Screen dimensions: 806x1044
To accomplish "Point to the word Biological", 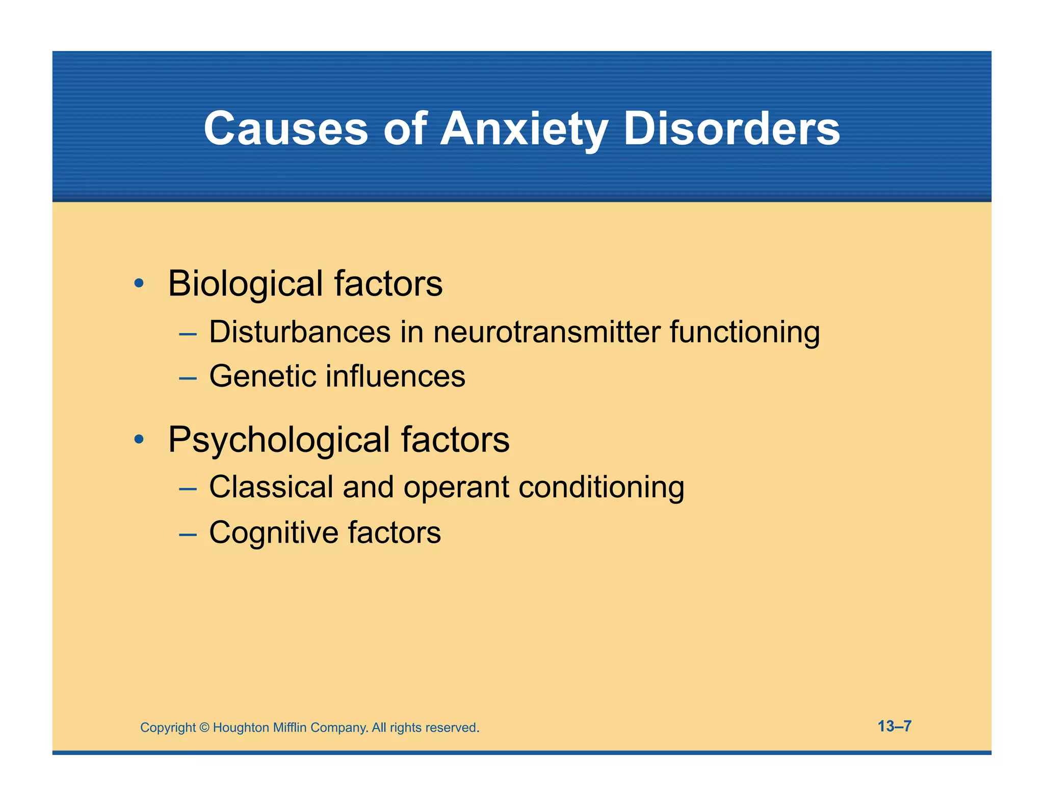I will [245, 284].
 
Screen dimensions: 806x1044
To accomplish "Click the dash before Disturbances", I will [188, 334].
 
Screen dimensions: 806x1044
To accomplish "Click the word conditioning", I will [601, 488].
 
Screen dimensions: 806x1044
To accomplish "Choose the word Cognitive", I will [274, 533].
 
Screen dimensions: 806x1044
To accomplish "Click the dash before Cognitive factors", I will [188, 534].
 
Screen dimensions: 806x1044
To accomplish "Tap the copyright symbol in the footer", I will [204, 728].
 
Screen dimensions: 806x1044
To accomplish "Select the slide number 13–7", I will [894, 726].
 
